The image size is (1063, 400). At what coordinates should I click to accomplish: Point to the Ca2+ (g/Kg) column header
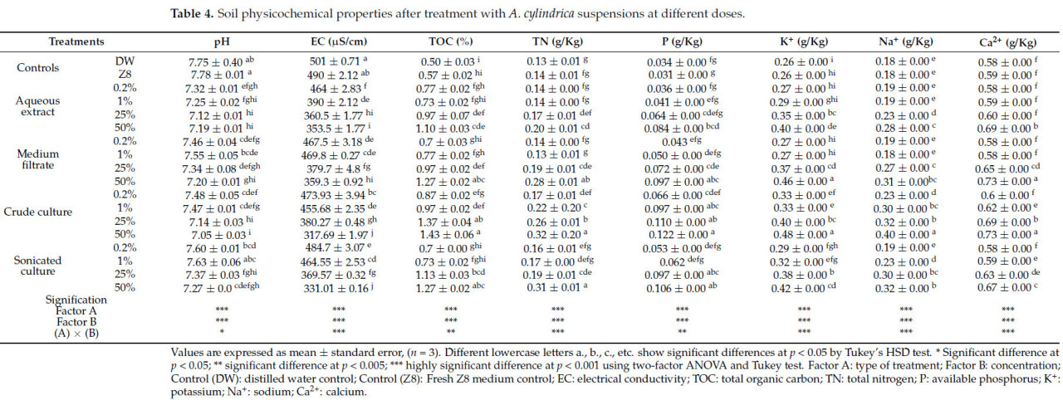[x=1003, y=41]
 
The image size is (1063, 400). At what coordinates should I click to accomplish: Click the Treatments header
[x=76, y=41]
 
